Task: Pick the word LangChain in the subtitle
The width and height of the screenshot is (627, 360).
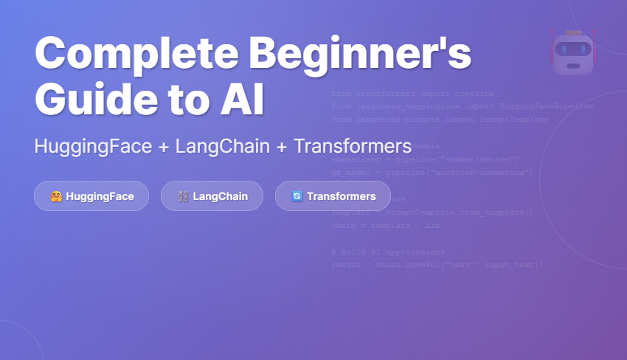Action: click(222, 146)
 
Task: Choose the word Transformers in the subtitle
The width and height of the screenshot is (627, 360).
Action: click(353, 146)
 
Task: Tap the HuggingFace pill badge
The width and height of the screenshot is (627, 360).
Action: click(91, 196)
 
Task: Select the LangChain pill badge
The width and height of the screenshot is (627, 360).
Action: click(212, 196)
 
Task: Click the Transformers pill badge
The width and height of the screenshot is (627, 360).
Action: click(333, 196)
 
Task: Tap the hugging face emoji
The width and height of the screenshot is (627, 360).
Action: click(56, 196)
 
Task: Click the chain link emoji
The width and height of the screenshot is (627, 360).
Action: click(183, 196)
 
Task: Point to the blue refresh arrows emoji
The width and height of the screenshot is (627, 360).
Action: click(297, 196)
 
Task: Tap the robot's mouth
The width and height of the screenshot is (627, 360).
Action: click(573, 66)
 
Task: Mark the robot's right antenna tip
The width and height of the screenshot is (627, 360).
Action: click(594, 32)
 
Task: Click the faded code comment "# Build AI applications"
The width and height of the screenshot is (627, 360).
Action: click(388, 252)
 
